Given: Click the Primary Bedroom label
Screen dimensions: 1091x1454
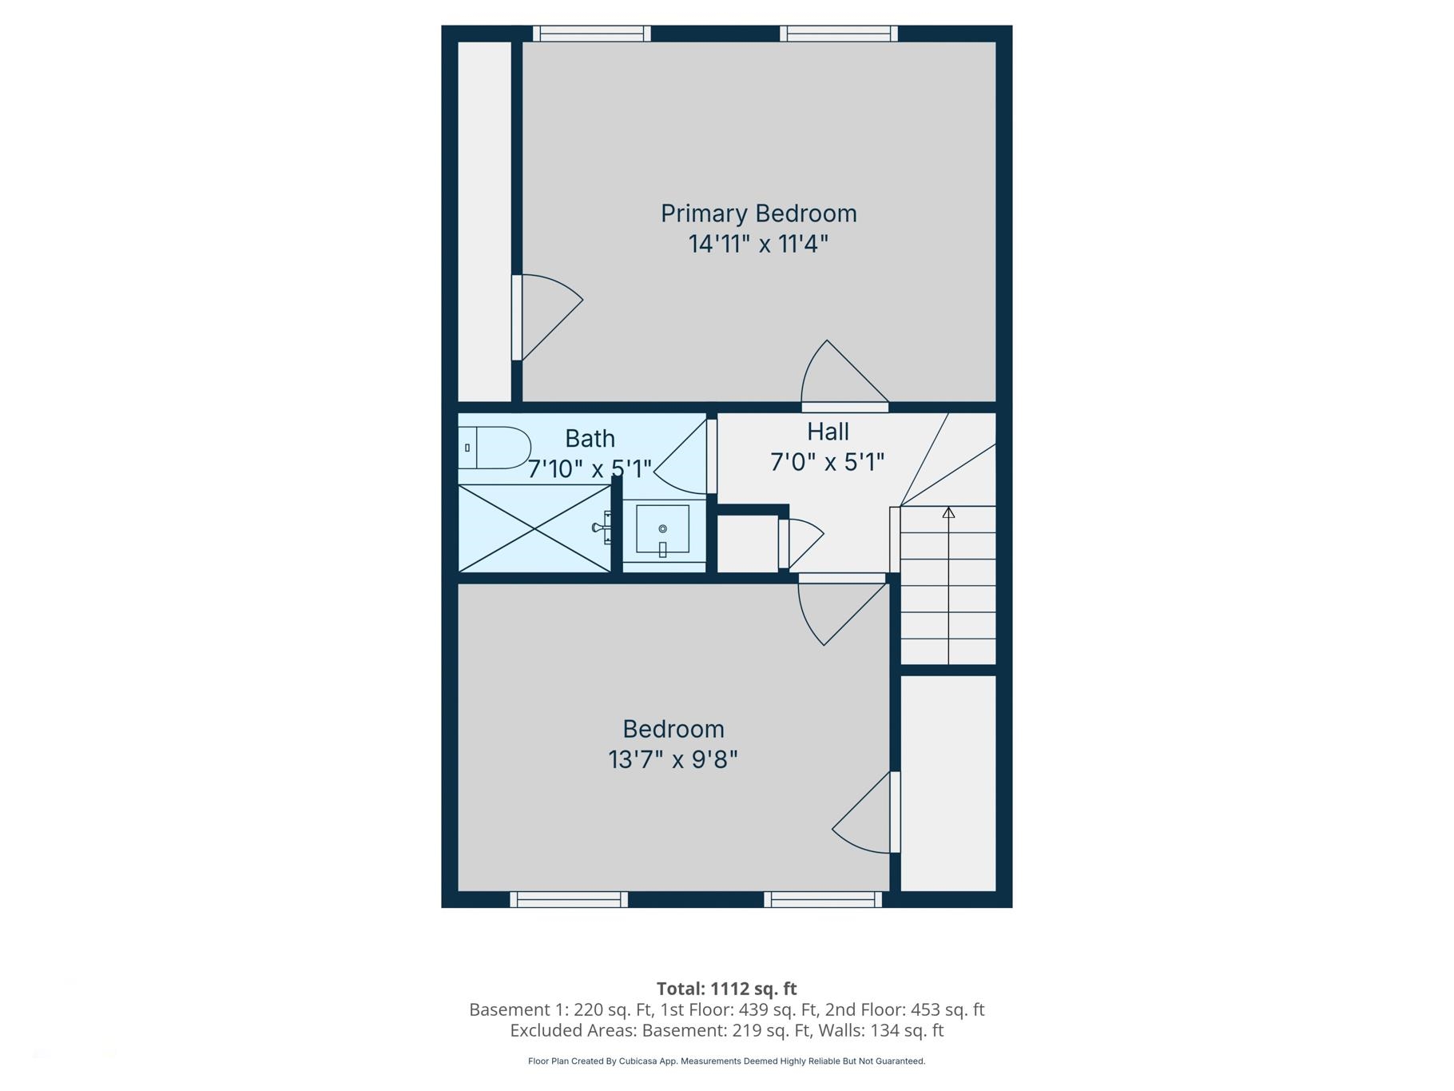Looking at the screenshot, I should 758,213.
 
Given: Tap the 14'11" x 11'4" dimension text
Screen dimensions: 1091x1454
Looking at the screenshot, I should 758,244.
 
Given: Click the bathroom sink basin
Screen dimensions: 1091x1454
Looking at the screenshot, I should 662,528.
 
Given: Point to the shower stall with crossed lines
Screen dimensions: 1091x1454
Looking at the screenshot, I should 534,528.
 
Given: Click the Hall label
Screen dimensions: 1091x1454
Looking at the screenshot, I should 828,432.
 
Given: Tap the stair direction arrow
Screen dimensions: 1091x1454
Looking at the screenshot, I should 948,512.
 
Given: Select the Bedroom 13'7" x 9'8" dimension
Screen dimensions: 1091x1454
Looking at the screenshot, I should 673,759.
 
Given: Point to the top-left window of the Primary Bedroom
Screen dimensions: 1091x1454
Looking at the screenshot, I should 592,34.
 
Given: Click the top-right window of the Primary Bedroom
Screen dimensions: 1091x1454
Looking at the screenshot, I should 839,34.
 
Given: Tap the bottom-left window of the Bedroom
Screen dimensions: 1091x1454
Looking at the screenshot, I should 569,900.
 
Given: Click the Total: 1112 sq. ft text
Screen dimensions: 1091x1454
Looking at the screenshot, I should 726,989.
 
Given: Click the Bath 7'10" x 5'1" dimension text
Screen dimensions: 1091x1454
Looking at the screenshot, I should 590,469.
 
